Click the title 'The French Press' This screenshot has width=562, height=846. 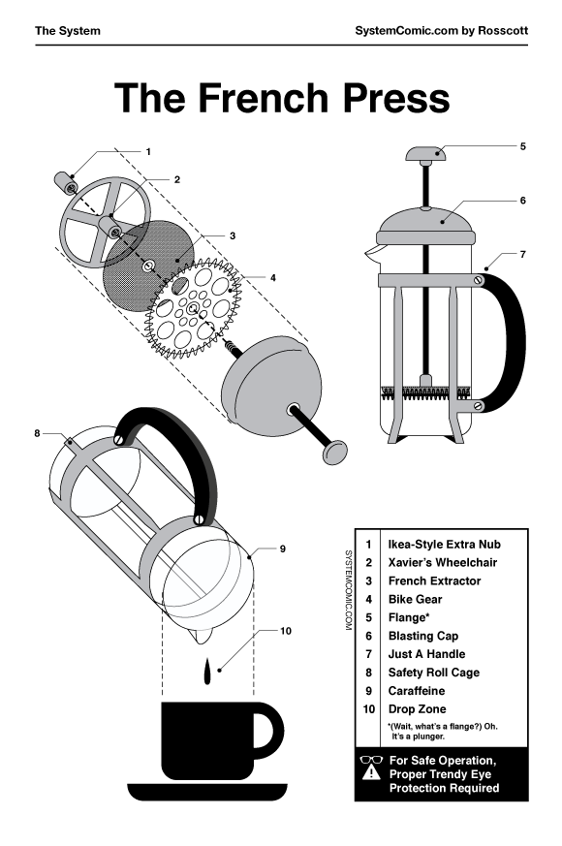[281, 99]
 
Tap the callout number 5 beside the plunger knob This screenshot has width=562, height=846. [522, 147]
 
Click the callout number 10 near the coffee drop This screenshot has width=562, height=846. [286, 631]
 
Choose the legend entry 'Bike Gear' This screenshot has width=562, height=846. [415, 600]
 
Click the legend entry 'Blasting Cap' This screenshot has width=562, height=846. [421, 636]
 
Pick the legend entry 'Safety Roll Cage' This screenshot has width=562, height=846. [433, 673]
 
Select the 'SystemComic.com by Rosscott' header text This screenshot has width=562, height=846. [442, 30]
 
